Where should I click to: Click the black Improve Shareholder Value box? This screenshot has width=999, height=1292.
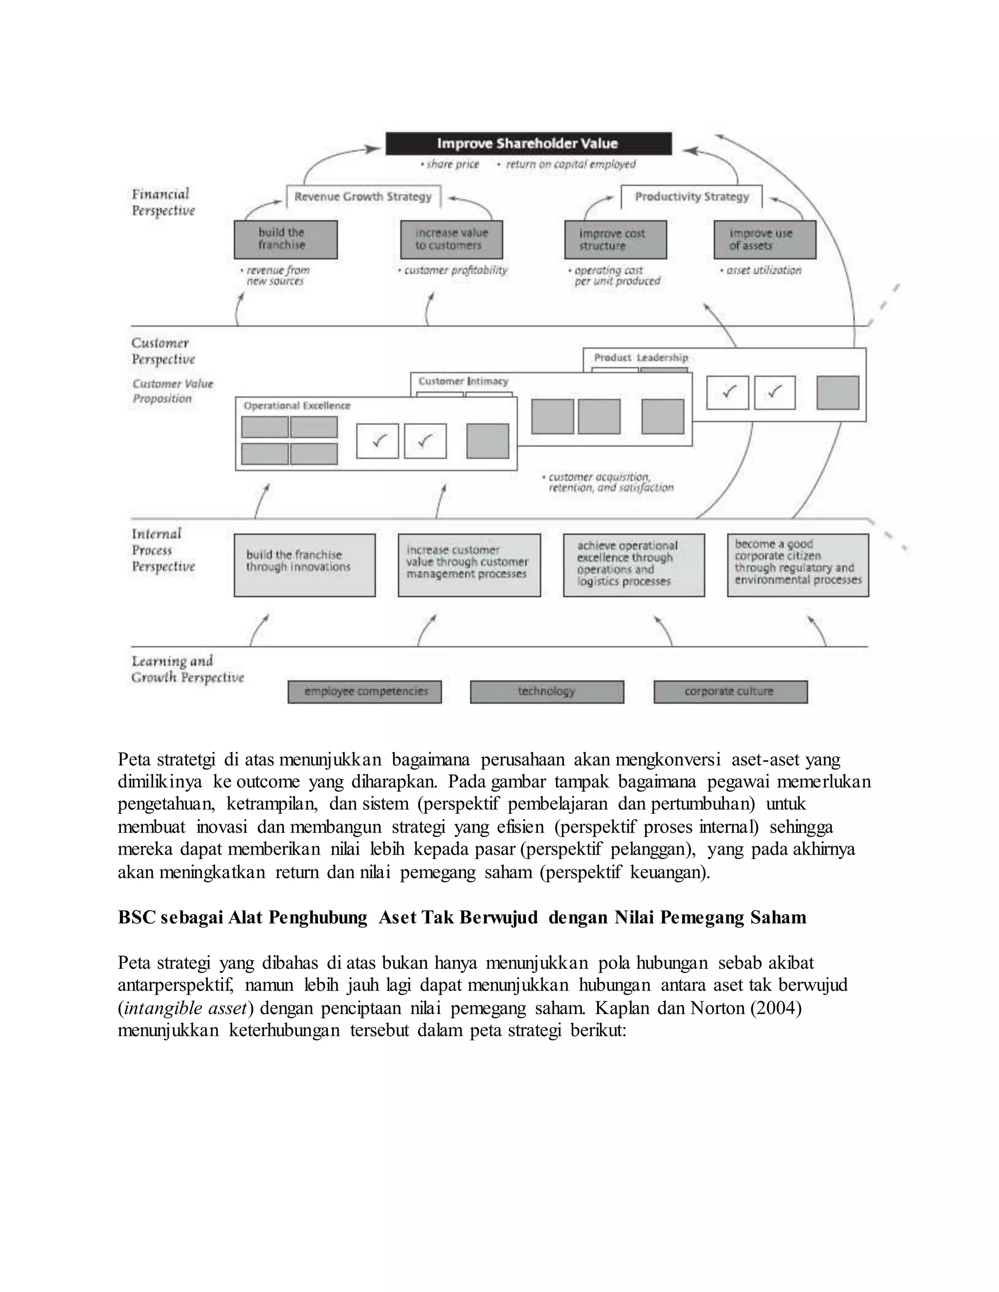tap(528, 144)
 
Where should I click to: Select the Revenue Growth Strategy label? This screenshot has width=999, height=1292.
tap(363, 197)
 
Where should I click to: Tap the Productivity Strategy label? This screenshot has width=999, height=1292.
tap(691, 196)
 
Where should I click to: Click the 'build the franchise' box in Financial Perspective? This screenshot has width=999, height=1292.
tap(285, 239)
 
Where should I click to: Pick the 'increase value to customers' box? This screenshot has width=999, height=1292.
tap(451, 239)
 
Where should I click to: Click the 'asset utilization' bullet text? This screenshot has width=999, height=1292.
tap(763, 271)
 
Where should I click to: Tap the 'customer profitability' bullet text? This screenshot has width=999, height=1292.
tap(455, 271)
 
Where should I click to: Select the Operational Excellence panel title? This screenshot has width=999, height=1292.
tap(297, 406)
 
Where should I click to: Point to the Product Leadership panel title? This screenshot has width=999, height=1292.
tap(640, 358)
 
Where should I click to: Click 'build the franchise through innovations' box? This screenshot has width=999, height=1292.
tap(304, 565)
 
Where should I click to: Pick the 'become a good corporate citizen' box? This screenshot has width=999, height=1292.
tap(797, 565)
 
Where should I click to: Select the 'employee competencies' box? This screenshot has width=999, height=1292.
tap(364, 691)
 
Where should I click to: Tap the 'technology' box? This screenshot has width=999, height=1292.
tap(546, 691)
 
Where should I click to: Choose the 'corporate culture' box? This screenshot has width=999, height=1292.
tap(730, 691)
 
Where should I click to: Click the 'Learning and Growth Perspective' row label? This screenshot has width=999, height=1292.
tap(187, 669)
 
